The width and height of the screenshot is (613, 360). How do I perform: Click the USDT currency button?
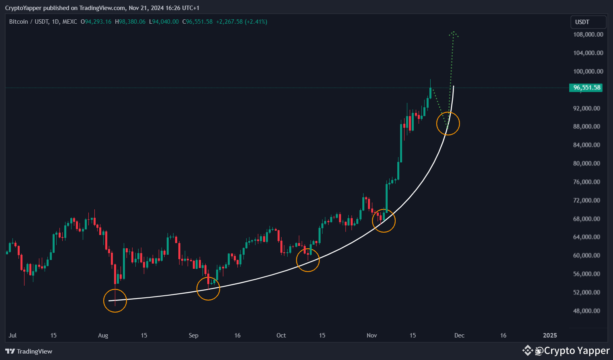588,22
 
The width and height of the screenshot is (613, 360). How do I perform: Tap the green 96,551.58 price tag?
586,88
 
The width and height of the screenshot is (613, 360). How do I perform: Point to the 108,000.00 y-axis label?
588,35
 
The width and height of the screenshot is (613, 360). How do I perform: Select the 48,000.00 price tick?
586,311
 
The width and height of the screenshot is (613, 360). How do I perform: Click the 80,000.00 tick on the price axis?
586,164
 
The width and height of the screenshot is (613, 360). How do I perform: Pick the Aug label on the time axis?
103,335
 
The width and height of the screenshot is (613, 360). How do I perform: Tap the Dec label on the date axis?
459,335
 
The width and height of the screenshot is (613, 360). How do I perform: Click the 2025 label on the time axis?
550,335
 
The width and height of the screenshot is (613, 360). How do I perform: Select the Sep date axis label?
193,335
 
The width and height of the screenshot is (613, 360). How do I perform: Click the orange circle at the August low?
115,301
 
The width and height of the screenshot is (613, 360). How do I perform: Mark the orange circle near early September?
208,288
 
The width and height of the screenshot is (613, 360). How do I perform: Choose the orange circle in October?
308,260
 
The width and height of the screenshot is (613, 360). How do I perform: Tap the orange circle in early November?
384,221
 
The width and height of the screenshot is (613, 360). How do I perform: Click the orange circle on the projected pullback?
448,123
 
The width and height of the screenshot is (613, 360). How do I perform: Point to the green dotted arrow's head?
454,33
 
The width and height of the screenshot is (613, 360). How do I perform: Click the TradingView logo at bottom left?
29,352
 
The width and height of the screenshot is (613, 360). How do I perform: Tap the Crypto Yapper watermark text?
576,351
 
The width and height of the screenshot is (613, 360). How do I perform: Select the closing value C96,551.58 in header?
197,22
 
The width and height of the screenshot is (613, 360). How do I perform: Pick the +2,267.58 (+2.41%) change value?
241,22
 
